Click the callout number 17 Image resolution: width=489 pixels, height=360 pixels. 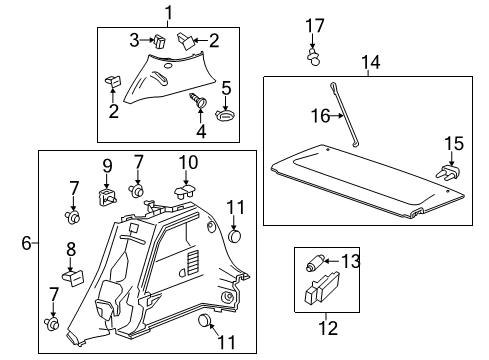[x=315, y=26]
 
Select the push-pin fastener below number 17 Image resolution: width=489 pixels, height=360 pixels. [x=313, y=57]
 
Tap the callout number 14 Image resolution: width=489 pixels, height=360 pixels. [x=371, y=62]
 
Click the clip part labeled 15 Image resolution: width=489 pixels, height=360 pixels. [x=448, y=173]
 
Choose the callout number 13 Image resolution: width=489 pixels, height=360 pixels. [x=351, y=261]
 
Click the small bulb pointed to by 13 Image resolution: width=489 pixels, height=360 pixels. [x=314, y=263]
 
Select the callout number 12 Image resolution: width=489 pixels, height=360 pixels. [x=328, y=327]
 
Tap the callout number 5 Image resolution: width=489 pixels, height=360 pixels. [x=226, y=88]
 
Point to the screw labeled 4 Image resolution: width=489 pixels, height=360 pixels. [x=199, y=100]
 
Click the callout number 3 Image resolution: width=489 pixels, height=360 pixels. [x=134, y=40]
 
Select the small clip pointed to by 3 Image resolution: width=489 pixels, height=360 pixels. [x=159, y=42]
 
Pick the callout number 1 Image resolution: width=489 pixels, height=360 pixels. [x=169, y=13]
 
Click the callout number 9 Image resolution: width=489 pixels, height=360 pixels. [x=107, y=166]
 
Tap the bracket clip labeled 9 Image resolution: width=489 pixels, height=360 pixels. [x=107, y=197]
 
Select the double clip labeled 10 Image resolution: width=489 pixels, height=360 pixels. [x=185, y=192]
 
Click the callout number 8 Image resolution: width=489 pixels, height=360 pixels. [x=71, y=249]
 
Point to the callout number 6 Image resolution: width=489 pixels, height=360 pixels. [x=26, y=243]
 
